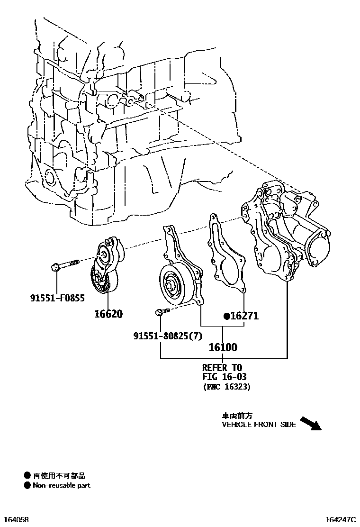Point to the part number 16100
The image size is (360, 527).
(223, 347)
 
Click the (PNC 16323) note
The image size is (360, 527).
(227, 387)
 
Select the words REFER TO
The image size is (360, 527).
(222, 367)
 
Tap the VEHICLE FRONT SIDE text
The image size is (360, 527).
(259, 425)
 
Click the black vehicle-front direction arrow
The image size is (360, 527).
(311, 423)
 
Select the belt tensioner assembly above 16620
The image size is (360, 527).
(107, 267)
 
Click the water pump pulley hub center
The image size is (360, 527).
(171, 285)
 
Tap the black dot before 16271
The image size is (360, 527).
(227, 316)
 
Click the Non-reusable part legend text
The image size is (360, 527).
(61, 485)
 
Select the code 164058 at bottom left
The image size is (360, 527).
(16, 520)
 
